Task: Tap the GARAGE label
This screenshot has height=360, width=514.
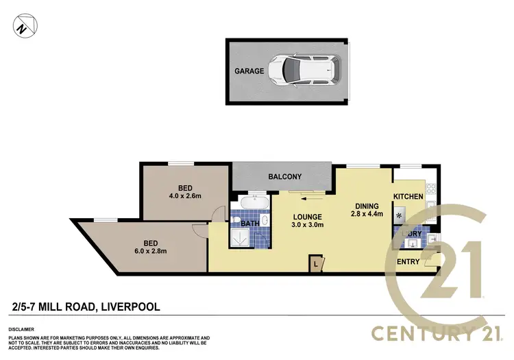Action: click(249, 70)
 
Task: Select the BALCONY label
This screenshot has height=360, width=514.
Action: click(284, 177)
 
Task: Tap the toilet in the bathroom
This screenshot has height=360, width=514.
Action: click(235, 220)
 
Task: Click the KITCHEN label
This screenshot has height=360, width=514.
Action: click(408, 197)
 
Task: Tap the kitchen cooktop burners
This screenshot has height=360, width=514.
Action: click(430, 189)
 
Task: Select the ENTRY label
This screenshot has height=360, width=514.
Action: click(408, 261)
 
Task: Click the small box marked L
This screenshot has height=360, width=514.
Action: click(315, 263)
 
